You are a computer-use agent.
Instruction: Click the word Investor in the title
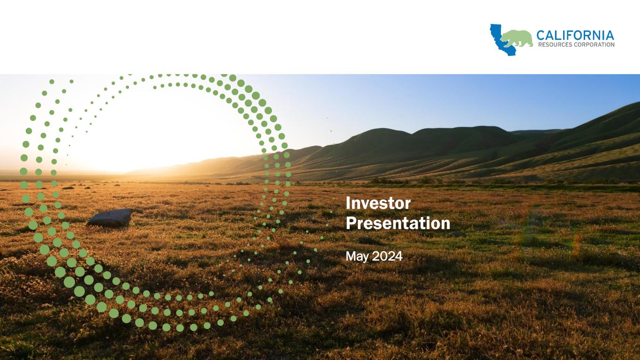(378, 203)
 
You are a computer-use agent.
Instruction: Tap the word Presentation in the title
(398, 223)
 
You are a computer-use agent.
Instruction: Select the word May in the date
(357, 256)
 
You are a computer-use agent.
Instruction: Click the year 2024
(387, 256)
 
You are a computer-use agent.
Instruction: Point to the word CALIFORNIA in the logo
(575, 36)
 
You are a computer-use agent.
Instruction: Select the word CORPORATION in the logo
(595, 45)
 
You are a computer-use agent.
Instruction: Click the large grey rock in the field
(111, 217)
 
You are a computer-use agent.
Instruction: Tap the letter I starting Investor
(348, 203)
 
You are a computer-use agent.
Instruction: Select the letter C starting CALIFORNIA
(541, 36)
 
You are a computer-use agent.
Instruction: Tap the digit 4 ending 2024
(399, 256)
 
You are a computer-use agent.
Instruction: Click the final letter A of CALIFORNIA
(610, 36)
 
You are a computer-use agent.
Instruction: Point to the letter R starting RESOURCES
(540, 45)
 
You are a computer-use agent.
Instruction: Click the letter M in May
(350, 256)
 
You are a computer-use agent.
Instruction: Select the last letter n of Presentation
(445, 225)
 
